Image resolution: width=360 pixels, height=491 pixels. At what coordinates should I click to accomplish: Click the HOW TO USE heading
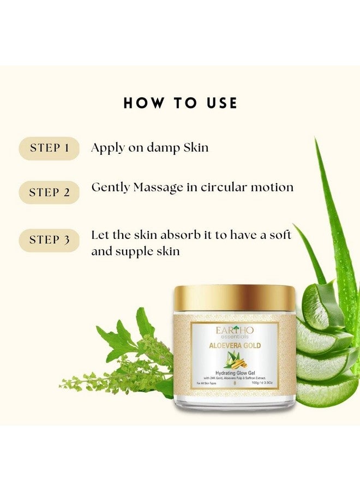(180, 103)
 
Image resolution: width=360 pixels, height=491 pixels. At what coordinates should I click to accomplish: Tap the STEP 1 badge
(49, 148)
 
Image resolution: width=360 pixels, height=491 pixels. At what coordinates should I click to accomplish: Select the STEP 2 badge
(49, 193)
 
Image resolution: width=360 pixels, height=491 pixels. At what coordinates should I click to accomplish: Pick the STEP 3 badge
(49, 240)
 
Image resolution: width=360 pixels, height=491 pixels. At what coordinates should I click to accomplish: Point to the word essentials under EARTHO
(235, 337)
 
